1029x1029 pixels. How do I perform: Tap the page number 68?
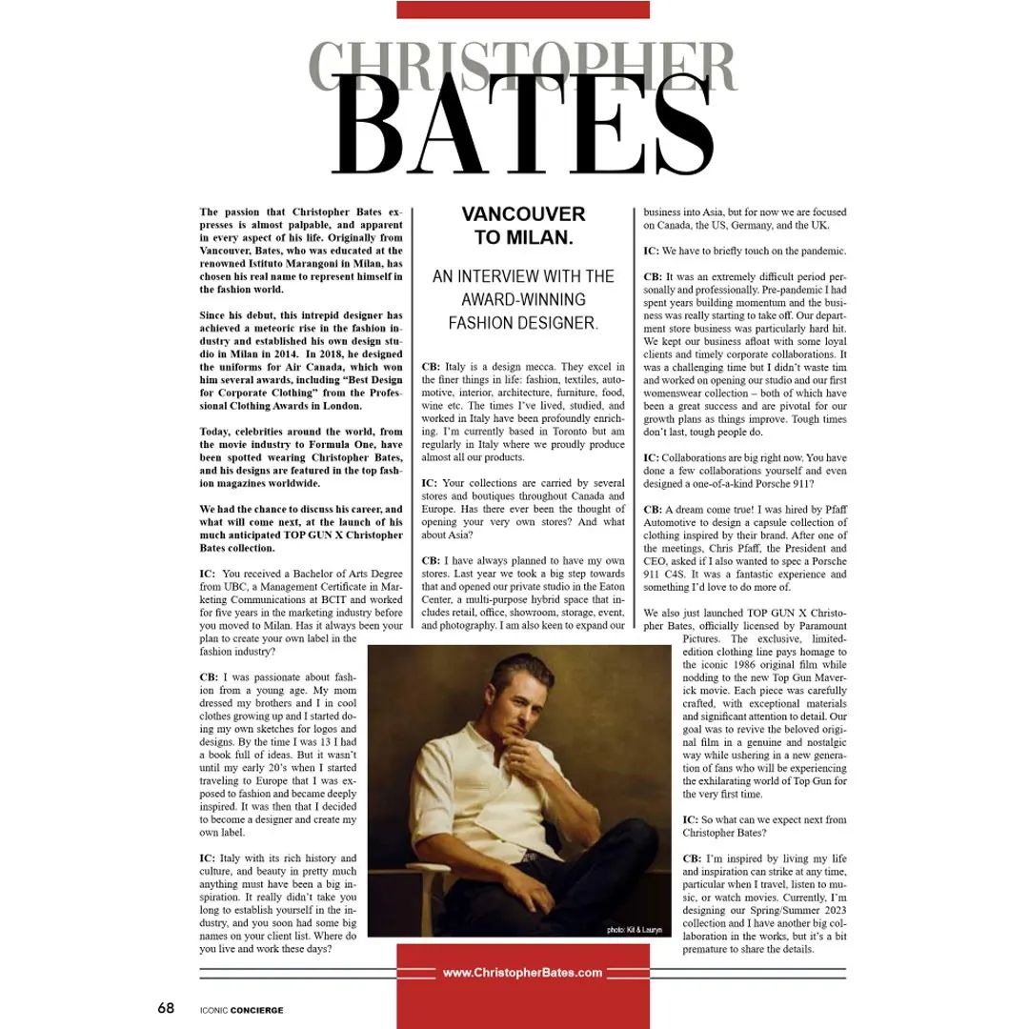[166, 1008]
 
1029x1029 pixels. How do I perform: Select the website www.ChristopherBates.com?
[522, 973]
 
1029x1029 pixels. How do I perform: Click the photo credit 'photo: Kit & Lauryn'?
[634, 929]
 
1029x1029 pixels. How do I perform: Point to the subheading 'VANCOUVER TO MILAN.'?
[523, 225]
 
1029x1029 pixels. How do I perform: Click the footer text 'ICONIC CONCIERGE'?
[242, 1010]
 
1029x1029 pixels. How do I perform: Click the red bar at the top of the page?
[522, 10]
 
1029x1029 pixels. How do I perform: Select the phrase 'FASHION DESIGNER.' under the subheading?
[523, 323]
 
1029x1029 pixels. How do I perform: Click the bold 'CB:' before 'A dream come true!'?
[653, 510]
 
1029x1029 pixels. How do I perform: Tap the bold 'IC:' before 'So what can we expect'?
[692, 820]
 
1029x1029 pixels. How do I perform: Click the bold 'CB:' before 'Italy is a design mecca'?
[431, 367]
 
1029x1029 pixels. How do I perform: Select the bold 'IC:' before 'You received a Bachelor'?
[208, 575]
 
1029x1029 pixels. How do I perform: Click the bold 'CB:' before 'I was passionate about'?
[209, 677]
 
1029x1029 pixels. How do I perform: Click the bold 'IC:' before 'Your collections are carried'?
[430, 482]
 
